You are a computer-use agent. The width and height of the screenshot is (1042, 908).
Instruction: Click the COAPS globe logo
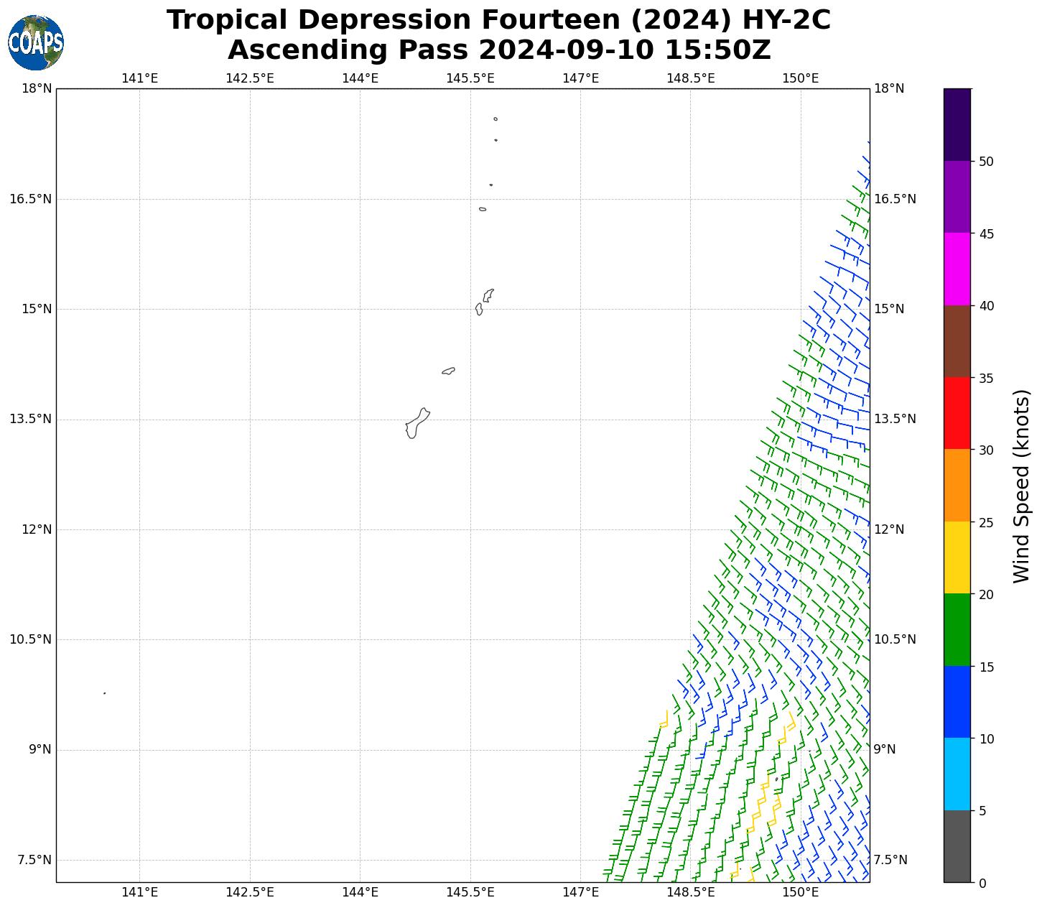coord(36,42)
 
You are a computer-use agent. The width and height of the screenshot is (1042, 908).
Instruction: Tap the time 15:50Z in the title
coord(717,50)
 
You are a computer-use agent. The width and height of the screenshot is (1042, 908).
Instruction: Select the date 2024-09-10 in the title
coord(566,50)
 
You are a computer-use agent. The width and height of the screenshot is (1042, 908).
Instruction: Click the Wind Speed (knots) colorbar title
coord(1020,486)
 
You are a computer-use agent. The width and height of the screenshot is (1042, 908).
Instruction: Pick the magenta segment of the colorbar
coord(957,269)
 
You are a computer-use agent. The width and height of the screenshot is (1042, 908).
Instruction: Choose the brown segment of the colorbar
coord(957,341)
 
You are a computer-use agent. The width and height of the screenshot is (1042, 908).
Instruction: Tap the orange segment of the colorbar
coord(957,486)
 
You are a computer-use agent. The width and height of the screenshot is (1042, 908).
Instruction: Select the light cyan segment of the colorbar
coord(957,774)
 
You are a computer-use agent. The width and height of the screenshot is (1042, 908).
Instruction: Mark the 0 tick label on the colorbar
coord(982,883)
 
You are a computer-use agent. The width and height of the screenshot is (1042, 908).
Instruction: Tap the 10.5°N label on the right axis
coord(895,640)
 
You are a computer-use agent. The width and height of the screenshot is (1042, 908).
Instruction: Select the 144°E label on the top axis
coord(360,78)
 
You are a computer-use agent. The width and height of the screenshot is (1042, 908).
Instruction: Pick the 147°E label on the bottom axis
coord(580,893)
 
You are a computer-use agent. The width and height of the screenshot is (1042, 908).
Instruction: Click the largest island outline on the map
coord(417,423)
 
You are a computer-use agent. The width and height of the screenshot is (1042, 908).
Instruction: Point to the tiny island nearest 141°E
coord(105,693)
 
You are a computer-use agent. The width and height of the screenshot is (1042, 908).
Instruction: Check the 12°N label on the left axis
coord(37,530)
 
